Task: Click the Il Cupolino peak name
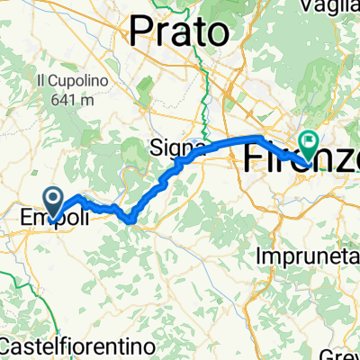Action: coord(72,79)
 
